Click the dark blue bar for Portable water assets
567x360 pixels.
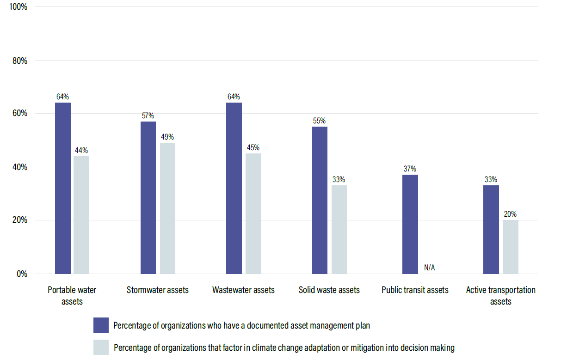point(63,188)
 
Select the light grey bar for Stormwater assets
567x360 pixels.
point(167,208)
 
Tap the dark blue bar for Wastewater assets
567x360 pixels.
point(234,188)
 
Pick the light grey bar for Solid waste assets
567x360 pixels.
point(339,229)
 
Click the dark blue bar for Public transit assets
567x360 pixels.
point(410,224)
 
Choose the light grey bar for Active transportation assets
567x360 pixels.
point(511,247)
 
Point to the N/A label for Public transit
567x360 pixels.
point(429,268)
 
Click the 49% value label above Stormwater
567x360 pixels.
point(167,137)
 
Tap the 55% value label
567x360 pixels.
point(320,121)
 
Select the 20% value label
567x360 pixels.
point(511,214)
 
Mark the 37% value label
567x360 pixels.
point(410,169)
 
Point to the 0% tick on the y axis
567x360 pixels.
point(22,274)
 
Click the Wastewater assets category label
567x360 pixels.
point(243,290)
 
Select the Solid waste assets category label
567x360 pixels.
point(329,290)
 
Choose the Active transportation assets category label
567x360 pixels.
point(501,295)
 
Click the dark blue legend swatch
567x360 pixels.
point(101,325)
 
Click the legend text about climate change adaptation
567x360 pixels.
point(284,348)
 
